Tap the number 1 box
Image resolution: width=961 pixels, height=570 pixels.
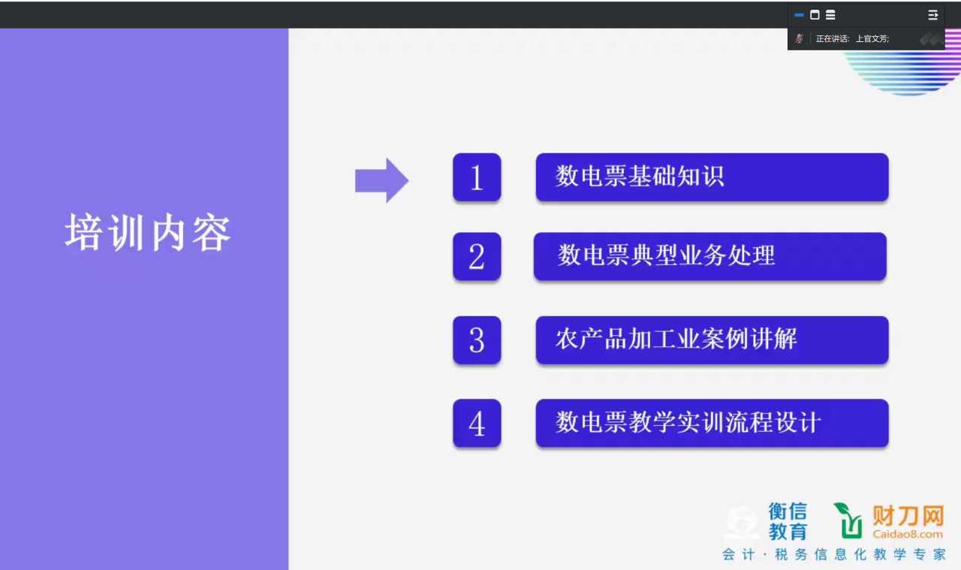[x=477, y=177]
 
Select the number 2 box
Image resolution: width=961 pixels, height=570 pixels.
[x=477, y=257]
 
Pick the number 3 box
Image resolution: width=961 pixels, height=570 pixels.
[x=477, y=340]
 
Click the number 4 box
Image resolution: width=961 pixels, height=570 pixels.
[x=477, y=424]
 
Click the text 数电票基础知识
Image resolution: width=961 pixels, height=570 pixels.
[x=640, y=176]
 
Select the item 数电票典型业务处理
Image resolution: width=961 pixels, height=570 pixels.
[x=666, y=255]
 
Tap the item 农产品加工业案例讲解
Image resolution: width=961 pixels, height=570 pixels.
[x=676, y=339]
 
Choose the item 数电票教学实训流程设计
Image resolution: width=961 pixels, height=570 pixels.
[x=688, y=422]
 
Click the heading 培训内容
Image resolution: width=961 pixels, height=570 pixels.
[x=148, y=232]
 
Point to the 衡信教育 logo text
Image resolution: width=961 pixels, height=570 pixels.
[x=788, y=521]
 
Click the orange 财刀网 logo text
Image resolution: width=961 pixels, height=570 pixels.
[x=908, y=515]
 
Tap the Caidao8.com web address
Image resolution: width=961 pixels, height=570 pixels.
[x=908, y=534]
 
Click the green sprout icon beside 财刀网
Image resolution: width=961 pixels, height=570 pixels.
[x=848, y=520]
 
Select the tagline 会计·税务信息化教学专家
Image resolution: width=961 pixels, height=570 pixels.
[x=834, y=554]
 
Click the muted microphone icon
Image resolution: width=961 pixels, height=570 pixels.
[x=799, y=38]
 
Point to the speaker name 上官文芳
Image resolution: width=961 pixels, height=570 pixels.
[x=872, y=38]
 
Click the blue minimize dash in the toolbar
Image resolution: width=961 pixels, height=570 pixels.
[x=799, y=15]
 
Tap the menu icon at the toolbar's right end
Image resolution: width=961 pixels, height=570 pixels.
[x=932, y=15]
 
